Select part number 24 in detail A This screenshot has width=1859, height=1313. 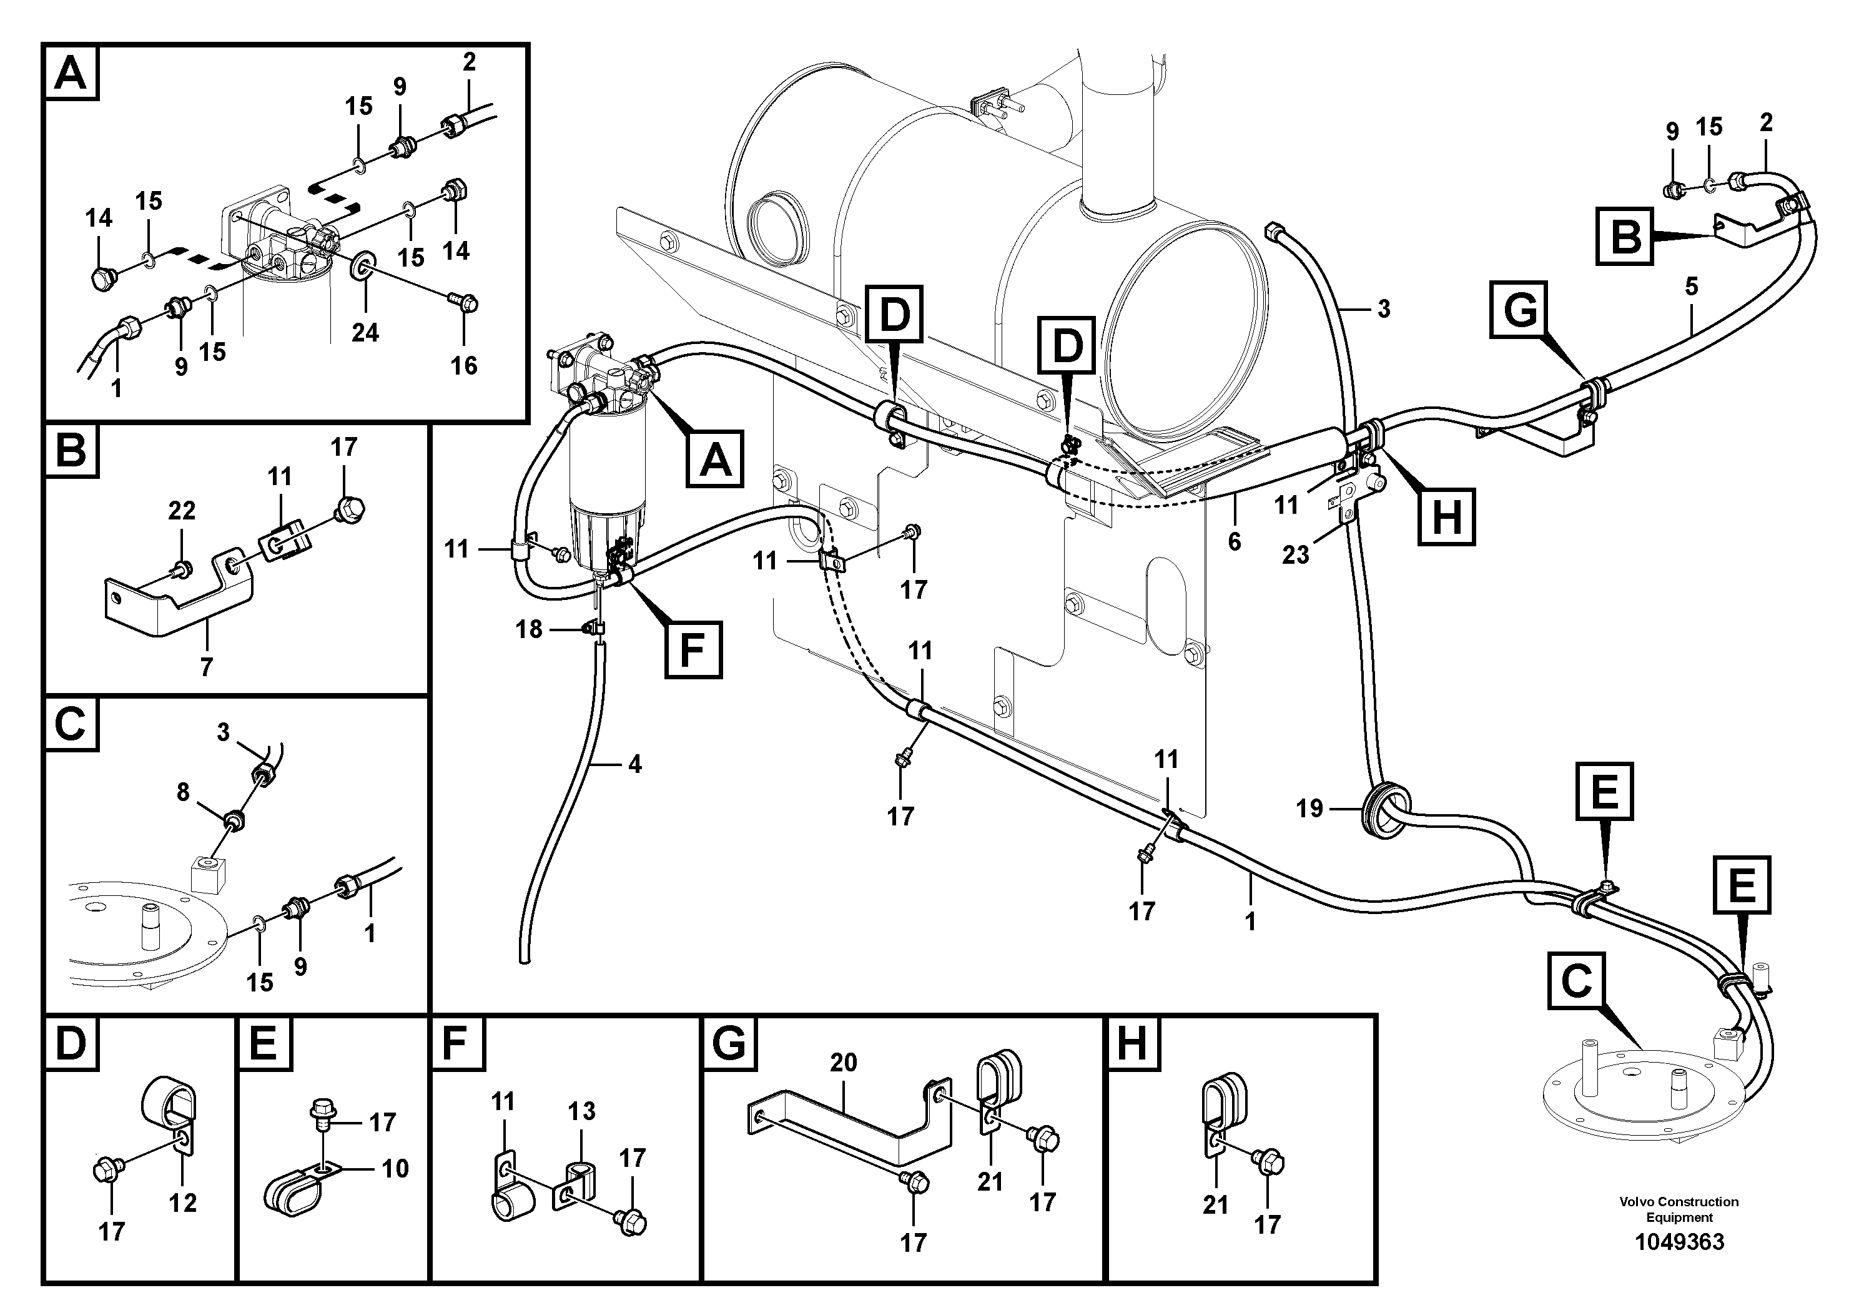pyautogui.click(x=365, y=332)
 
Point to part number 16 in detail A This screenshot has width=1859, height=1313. pyautogui.click(x=464, y=365)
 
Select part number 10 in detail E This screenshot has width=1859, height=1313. pyautogui.click(x=395, y=1168)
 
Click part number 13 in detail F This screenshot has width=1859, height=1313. pyautogui.click(x=581, y=1111)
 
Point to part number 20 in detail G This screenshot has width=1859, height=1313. pyautogui.click(x=843, y=1062)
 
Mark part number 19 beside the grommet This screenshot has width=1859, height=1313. pyautogui.click(x=1309, y=808)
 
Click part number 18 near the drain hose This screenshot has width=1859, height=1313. pyautogui.click(x=529, y=629)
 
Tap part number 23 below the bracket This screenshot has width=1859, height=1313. pyautogui.click(x=1296, y=554)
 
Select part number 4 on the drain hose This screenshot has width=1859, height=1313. pyautogui.click(x=635, y=764)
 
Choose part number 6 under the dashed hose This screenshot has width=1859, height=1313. pyautogui.click(x=1234, y=541)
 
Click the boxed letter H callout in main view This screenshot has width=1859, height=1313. pyautogui.click(x=1447, y=515)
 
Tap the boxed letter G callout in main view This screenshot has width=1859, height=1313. pyautogui.click(x=1520, y=310)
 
